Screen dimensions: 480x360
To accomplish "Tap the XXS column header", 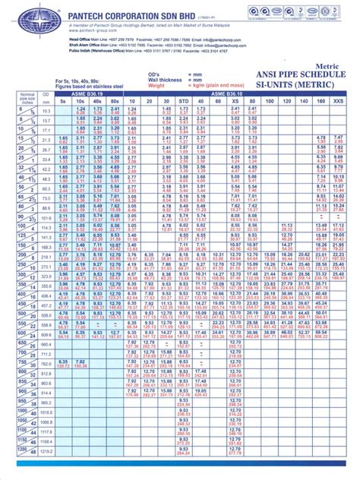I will (339, 100).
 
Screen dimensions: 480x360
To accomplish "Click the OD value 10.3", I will (46, 111).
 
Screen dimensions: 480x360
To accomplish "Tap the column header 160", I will (321, 100).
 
